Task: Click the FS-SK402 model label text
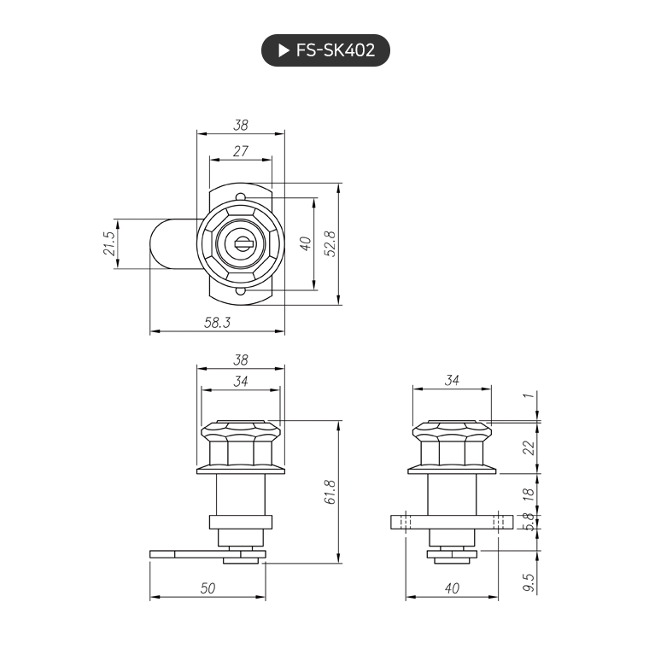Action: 336,50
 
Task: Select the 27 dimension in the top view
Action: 241,151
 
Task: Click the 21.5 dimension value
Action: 108,243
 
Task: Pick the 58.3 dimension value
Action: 218,323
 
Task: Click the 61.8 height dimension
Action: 330,492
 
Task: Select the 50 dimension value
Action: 208,588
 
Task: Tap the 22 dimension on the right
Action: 529,447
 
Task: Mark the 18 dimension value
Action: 529,493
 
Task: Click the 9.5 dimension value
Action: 529,583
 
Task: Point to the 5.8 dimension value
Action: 529,521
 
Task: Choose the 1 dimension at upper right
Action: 529,396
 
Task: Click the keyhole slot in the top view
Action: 241,243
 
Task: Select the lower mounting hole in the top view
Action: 241,291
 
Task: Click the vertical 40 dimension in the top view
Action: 305,243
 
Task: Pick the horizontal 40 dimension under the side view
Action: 452,588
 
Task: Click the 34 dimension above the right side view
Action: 452,381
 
